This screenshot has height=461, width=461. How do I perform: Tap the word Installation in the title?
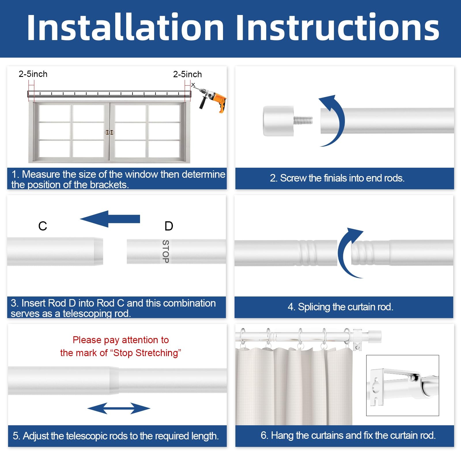point(125,28)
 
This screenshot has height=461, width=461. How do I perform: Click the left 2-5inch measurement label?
point(33,74)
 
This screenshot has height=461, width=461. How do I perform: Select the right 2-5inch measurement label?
point(187,74)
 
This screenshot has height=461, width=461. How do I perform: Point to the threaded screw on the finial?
point(303,120)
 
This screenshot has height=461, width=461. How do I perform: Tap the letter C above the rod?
point(43,226)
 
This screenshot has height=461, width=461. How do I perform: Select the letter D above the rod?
point(169,226)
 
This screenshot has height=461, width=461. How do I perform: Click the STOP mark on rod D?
point(166,251)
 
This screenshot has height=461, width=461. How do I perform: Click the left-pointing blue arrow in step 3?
point(110,219)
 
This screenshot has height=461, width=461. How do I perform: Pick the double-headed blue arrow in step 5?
point(119,408)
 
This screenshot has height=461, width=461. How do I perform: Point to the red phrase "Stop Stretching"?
point(147,353)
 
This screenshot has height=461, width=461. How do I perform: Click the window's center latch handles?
point(109,133)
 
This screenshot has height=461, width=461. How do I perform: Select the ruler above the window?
point(109,94)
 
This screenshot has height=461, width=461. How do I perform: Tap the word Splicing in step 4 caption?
point(314,307)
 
